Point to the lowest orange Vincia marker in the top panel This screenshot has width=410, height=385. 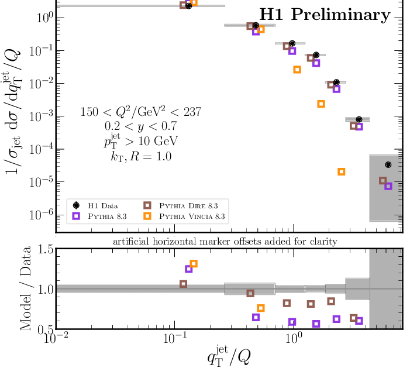pos(342,171)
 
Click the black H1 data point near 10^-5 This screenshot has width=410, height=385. pos(388,165)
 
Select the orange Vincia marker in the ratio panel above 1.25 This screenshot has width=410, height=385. pos(194,264)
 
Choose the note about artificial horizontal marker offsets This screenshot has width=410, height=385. pos(229,240)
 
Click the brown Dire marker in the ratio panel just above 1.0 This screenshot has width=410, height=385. pos(183,284)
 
